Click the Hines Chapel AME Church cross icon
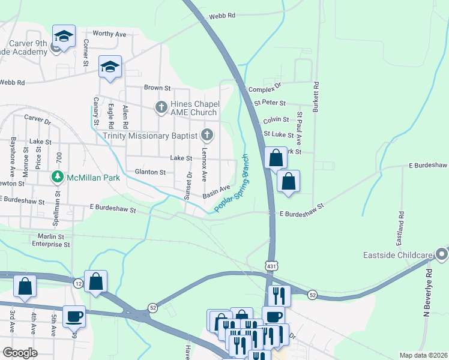[x=161, y=107]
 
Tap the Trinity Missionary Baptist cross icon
[x=208, y=134]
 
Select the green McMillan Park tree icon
[x=57, y=177]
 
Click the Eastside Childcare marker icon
[x=442, y=254]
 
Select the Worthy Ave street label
[x=109, y=35]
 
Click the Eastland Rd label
[x=400, y=230]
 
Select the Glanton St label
[x=150, y=172]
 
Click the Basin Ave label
[x=216, y=192]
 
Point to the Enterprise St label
[x=50, y=244]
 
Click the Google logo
[x=20, y=353]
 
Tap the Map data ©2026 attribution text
[x=423, y=355]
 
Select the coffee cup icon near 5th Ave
[x=74, y=316]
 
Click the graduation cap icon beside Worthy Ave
[x=64, y=36]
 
